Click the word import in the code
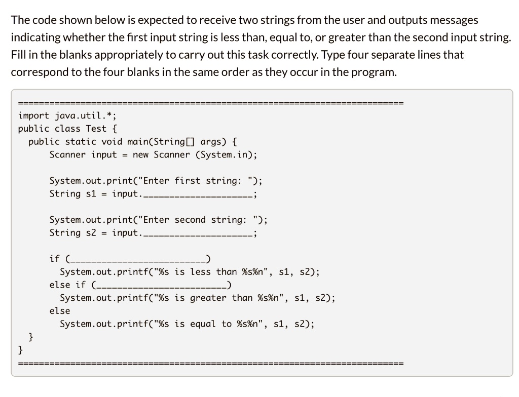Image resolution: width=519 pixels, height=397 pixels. pos(33,115)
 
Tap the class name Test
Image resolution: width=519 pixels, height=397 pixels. pos(96,129)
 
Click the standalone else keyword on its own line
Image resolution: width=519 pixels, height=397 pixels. pos(60,311)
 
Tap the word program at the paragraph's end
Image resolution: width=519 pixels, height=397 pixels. pos(378,72)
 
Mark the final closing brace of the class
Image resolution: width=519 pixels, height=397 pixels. pos(21,349)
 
